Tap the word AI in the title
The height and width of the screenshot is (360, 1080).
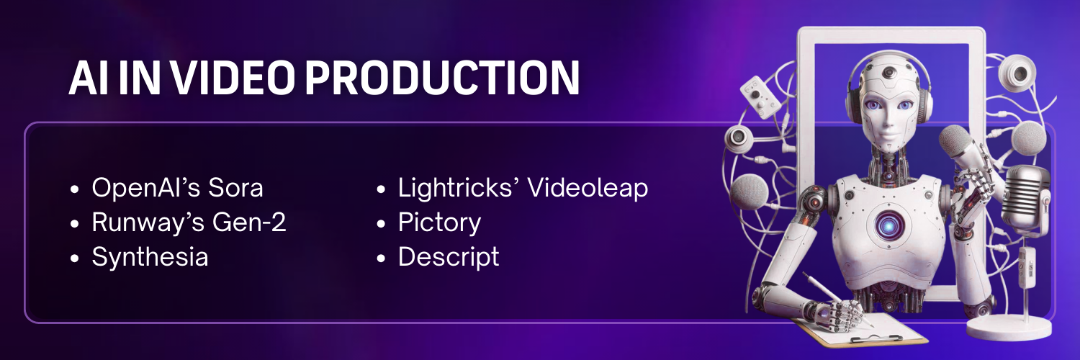(85, 78)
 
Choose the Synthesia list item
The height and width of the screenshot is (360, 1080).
(150, 257)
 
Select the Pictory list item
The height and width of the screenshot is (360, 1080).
(439, 222)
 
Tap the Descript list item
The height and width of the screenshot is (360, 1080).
(449, 257)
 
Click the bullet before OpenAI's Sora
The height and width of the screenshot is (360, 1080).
(75, 190)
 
